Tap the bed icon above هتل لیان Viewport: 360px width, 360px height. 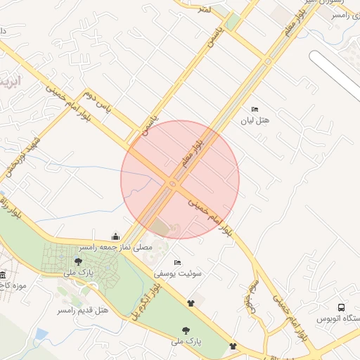255,109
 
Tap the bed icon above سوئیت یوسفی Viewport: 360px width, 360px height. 176,262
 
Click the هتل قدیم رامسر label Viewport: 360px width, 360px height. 84,309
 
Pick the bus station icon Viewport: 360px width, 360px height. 341,307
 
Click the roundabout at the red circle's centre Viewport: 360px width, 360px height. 173,184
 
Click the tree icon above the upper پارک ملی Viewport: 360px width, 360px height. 77,262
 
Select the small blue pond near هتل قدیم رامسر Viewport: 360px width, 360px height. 41,333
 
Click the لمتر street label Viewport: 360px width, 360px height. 205,8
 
